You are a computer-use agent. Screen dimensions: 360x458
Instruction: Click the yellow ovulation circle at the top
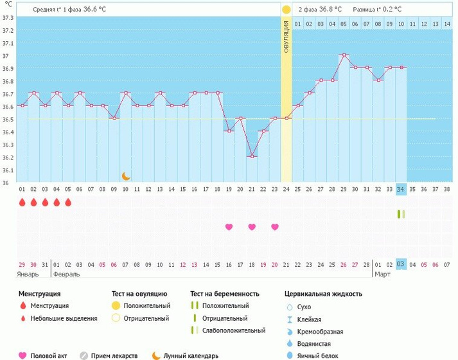coord(286,10)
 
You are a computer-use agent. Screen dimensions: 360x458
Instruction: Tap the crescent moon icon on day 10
coord(126,176)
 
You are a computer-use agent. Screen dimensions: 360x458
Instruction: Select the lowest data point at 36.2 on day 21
coord(252,156)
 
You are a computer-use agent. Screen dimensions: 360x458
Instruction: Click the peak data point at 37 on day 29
coord(344,55)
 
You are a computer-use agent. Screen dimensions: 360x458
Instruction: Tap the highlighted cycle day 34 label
coord(401,190)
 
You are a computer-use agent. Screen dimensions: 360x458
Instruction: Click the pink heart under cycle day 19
coord(229,227)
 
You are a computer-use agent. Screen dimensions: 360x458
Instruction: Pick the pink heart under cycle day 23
coord(275,227)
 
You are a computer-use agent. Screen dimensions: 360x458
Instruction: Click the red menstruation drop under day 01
coord(22,203)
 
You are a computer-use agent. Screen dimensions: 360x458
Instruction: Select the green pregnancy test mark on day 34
coord(401,214)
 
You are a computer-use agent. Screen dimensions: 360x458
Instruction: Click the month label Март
coord(383,274)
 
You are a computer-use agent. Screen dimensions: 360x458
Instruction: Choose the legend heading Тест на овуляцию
coord(139,294)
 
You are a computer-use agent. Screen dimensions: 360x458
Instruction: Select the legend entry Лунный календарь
coord(191,355)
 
